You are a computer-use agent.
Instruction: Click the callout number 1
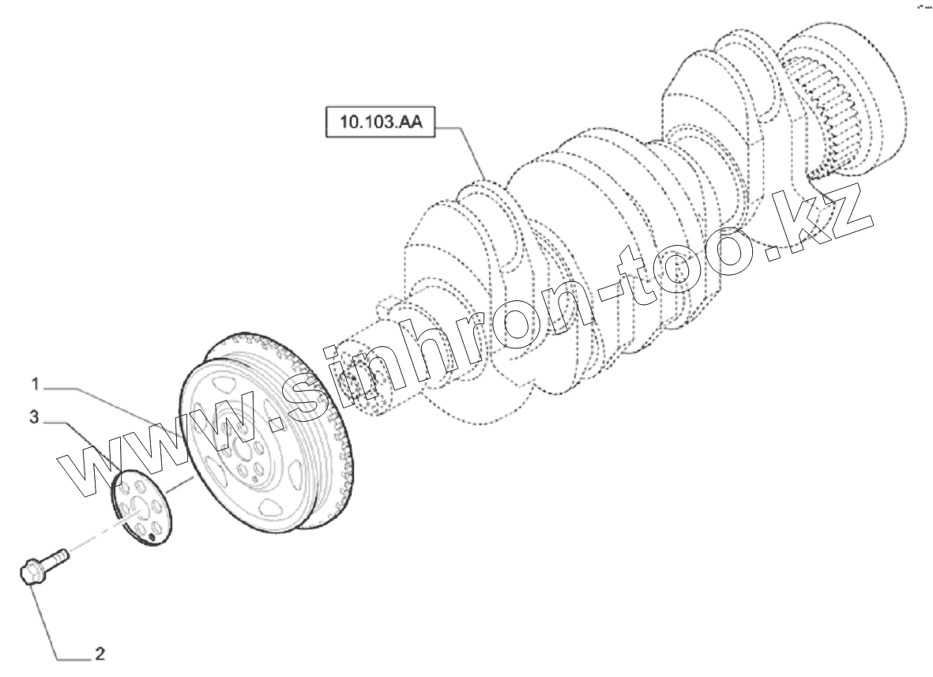click(35, 384)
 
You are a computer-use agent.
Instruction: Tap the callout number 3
click(35, 417)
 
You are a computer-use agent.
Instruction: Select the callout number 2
click(100, 654)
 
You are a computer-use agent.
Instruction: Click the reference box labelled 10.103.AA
click(380, 122)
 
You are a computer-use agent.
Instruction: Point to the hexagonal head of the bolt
click(30, 574)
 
